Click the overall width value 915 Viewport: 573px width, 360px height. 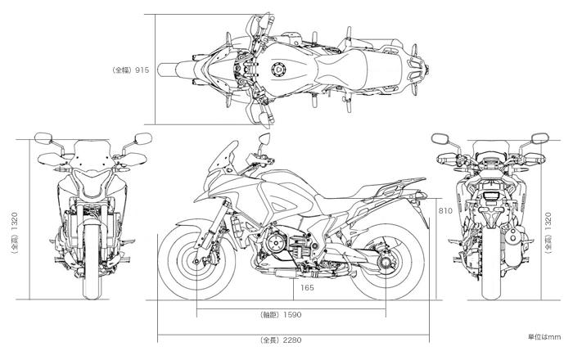pyautogui.click(x=142, y=70)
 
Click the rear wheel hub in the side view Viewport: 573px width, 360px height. pyautogui.click(x=385, y=263)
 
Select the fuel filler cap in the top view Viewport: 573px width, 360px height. pyautogui.click(x=279, y=71)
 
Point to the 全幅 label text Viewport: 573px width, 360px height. pyautogui.click(x=121, y=70)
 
